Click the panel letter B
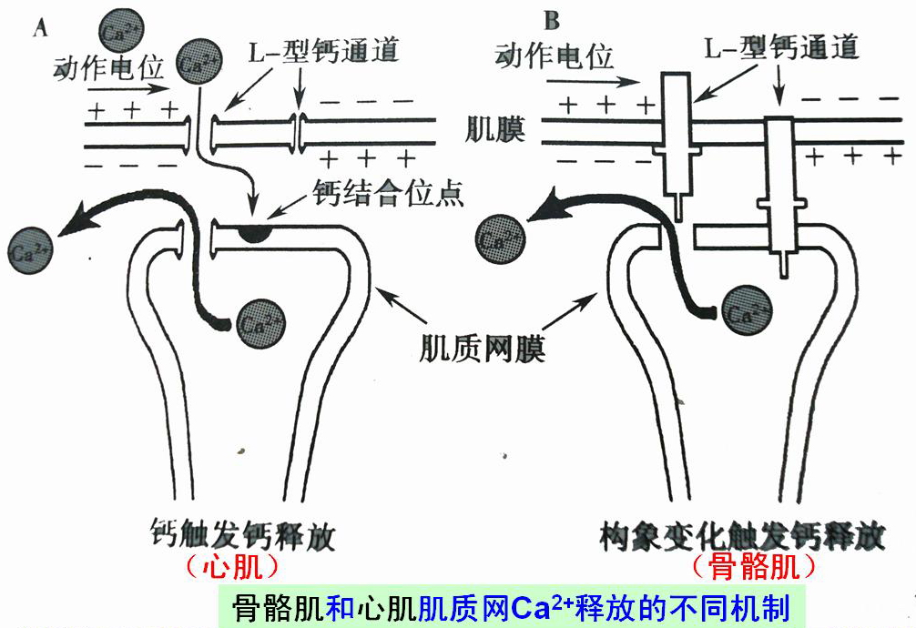pyautogui.click(x=551, y=20)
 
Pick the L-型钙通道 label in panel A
pyautogui.click(x=324, y=50)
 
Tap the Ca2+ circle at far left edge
pyautogui.click(x=28, y=246)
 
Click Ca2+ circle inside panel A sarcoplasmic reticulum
pyautogui.click(x=260, y=322)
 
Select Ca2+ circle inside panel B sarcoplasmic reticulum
pyautogui.click(x=748, y=313)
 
